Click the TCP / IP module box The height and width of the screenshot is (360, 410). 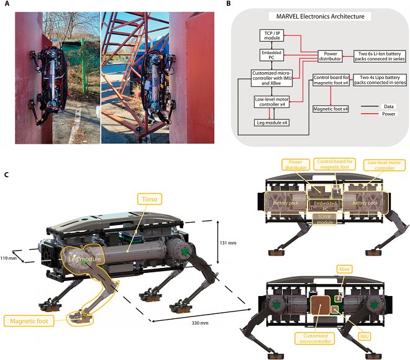268,37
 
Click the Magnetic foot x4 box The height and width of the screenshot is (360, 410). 329,109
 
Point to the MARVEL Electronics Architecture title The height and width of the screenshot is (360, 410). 321,15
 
